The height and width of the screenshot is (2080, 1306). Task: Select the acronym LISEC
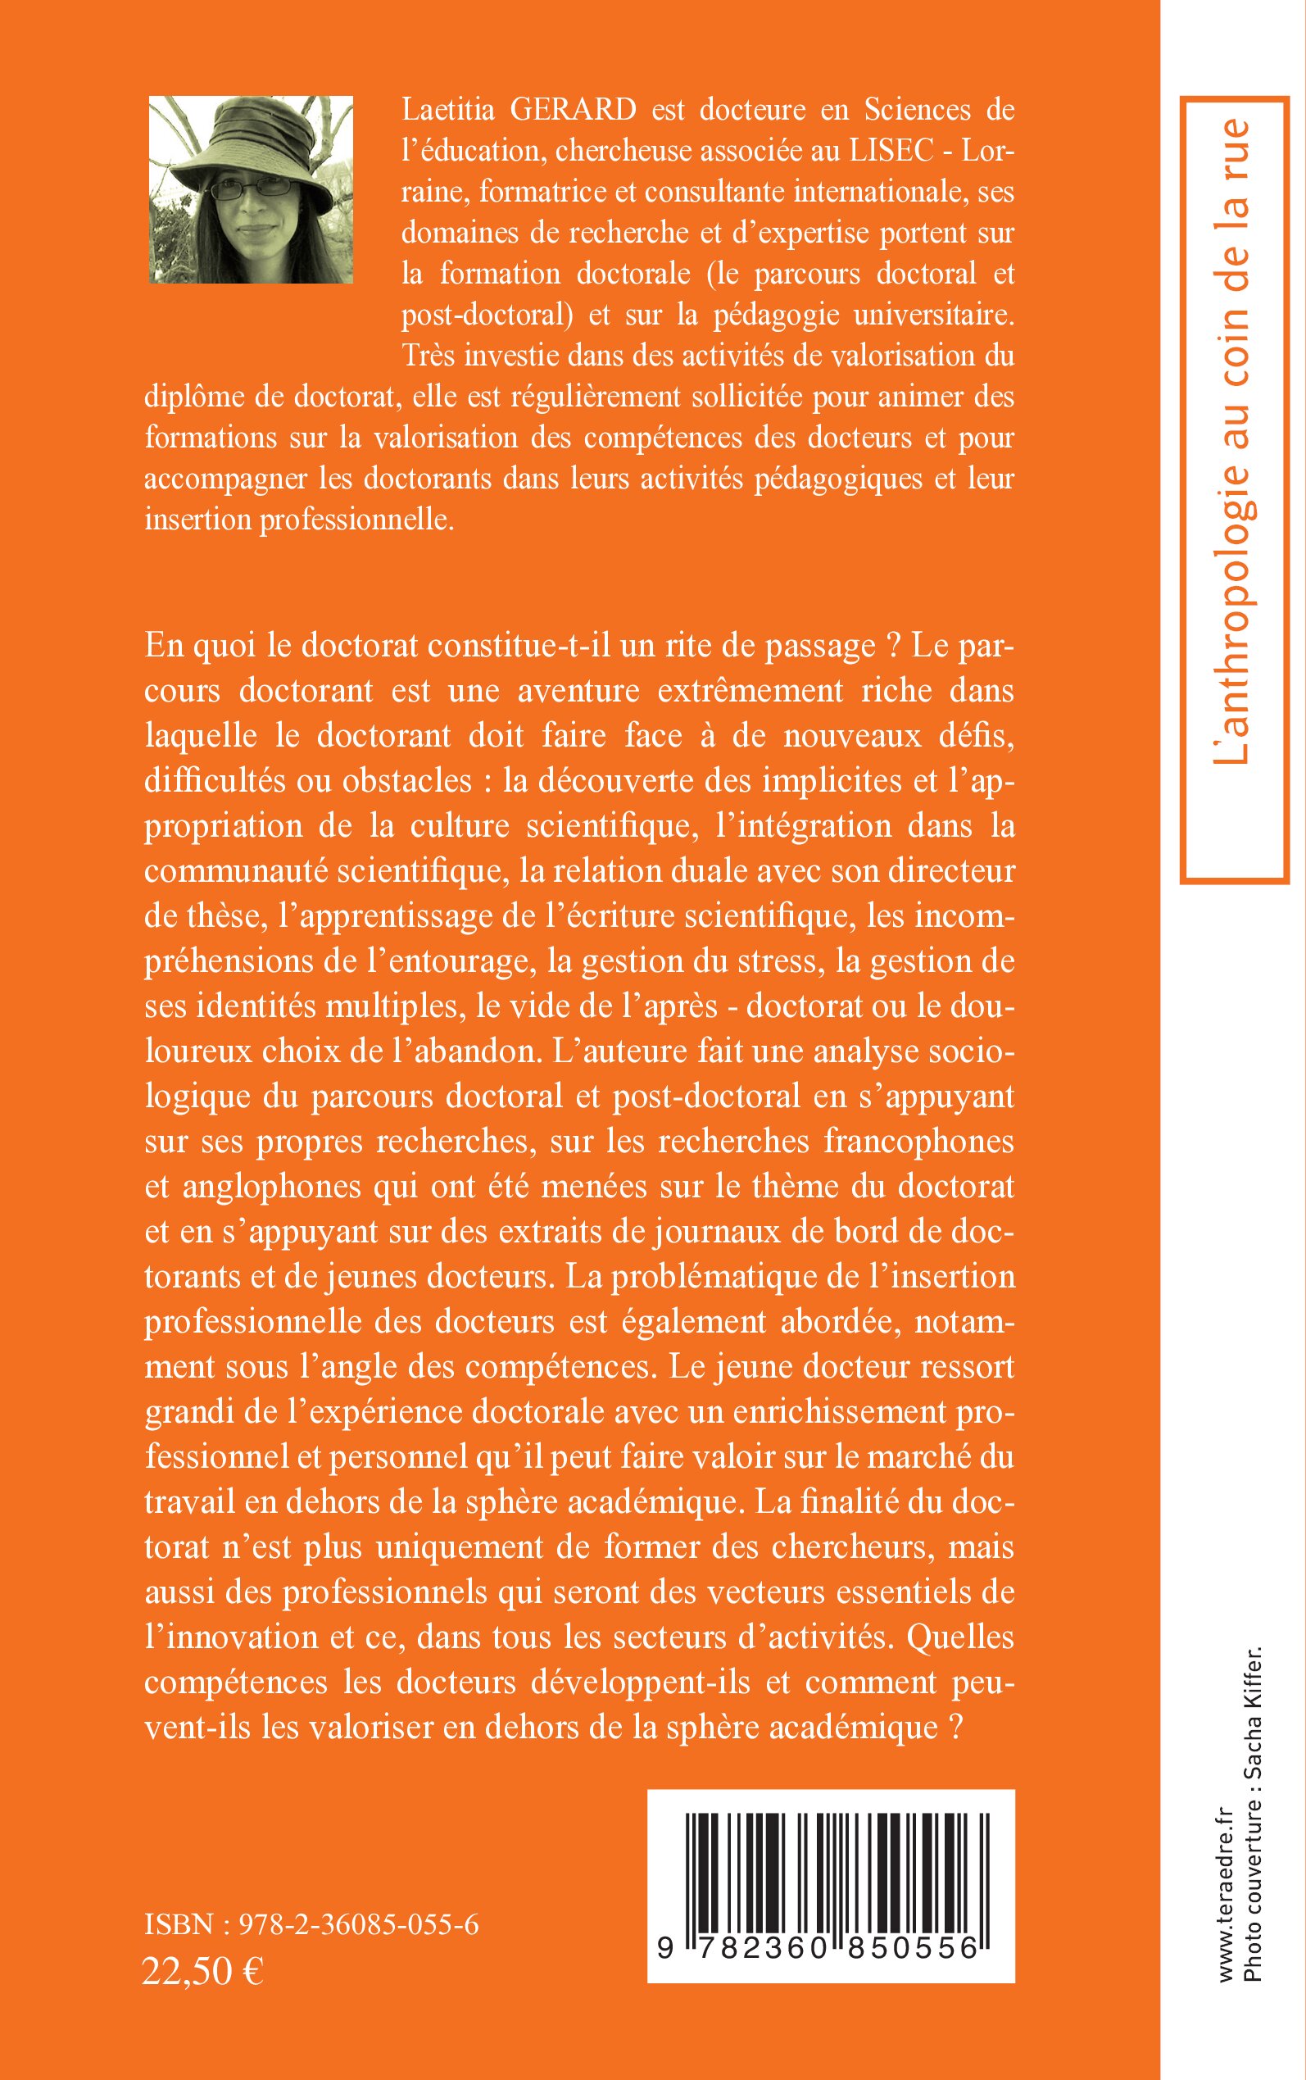pyautogui.click(x=891, y=151)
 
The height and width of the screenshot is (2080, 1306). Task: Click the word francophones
pyautogui.click(x=918, y=1142)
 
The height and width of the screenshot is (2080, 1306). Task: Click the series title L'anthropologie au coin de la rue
pyautogui.click(x=1232, y=441)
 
